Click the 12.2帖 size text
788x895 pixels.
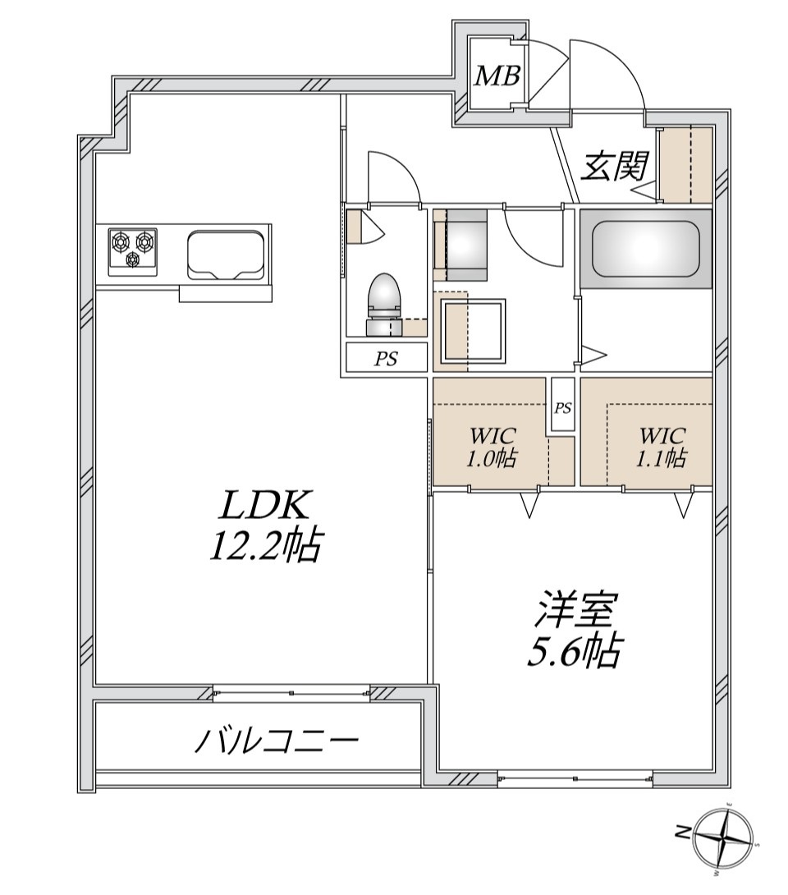[263, 546]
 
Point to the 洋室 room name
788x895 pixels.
[572, 612]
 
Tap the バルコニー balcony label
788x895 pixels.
[277, 742]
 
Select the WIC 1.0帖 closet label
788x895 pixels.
[491, 447]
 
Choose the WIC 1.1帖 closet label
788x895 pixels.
[662, 447]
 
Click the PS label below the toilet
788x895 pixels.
[386, 358]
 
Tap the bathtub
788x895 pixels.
[645, 247]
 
